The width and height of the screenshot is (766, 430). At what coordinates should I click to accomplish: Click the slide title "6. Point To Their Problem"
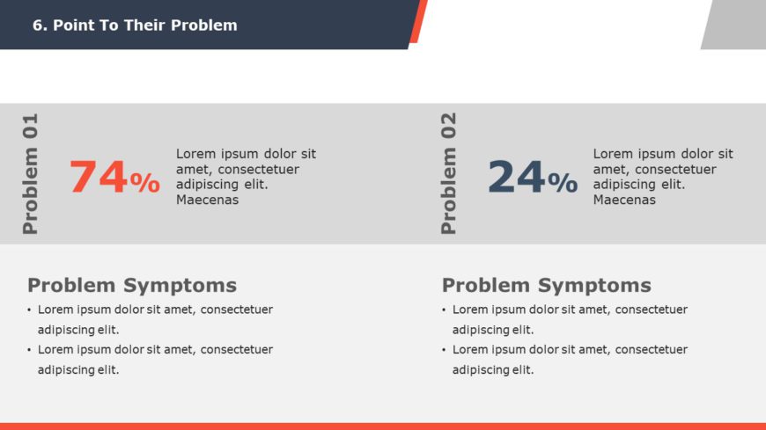click(135, 25)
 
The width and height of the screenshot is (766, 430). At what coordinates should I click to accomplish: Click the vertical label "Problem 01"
click(30, 174)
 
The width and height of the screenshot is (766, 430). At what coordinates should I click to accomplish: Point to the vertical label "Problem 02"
click(448, 174)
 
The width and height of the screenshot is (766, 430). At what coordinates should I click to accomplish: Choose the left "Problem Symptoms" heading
click(132, 285)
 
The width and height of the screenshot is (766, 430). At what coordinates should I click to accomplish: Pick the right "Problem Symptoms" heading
click(547, 285)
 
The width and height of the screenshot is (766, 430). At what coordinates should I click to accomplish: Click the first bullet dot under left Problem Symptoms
click(29, 310)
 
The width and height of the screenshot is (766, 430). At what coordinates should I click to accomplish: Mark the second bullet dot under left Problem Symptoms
click(29, 350)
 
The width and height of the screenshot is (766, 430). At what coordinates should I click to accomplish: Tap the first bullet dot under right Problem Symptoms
click(444, 310)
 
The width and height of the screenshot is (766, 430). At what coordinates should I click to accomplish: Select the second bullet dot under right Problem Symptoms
click(444, 350)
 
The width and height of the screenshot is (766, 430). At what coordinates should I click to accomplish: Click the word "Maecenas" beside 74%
click(207, 200)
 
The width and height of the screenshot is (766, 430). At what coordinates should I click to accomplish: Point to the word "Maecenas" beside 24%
click(624, 200)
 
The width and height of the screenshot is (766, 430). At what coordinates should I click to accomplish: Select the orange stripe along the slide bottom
click(383, 426)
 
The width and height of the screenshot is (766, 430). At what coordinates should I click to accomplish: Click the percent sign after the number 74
click(145, 183)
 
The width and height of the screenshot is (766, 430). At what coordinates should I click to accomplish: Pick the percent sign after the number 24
click(563, 183)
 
